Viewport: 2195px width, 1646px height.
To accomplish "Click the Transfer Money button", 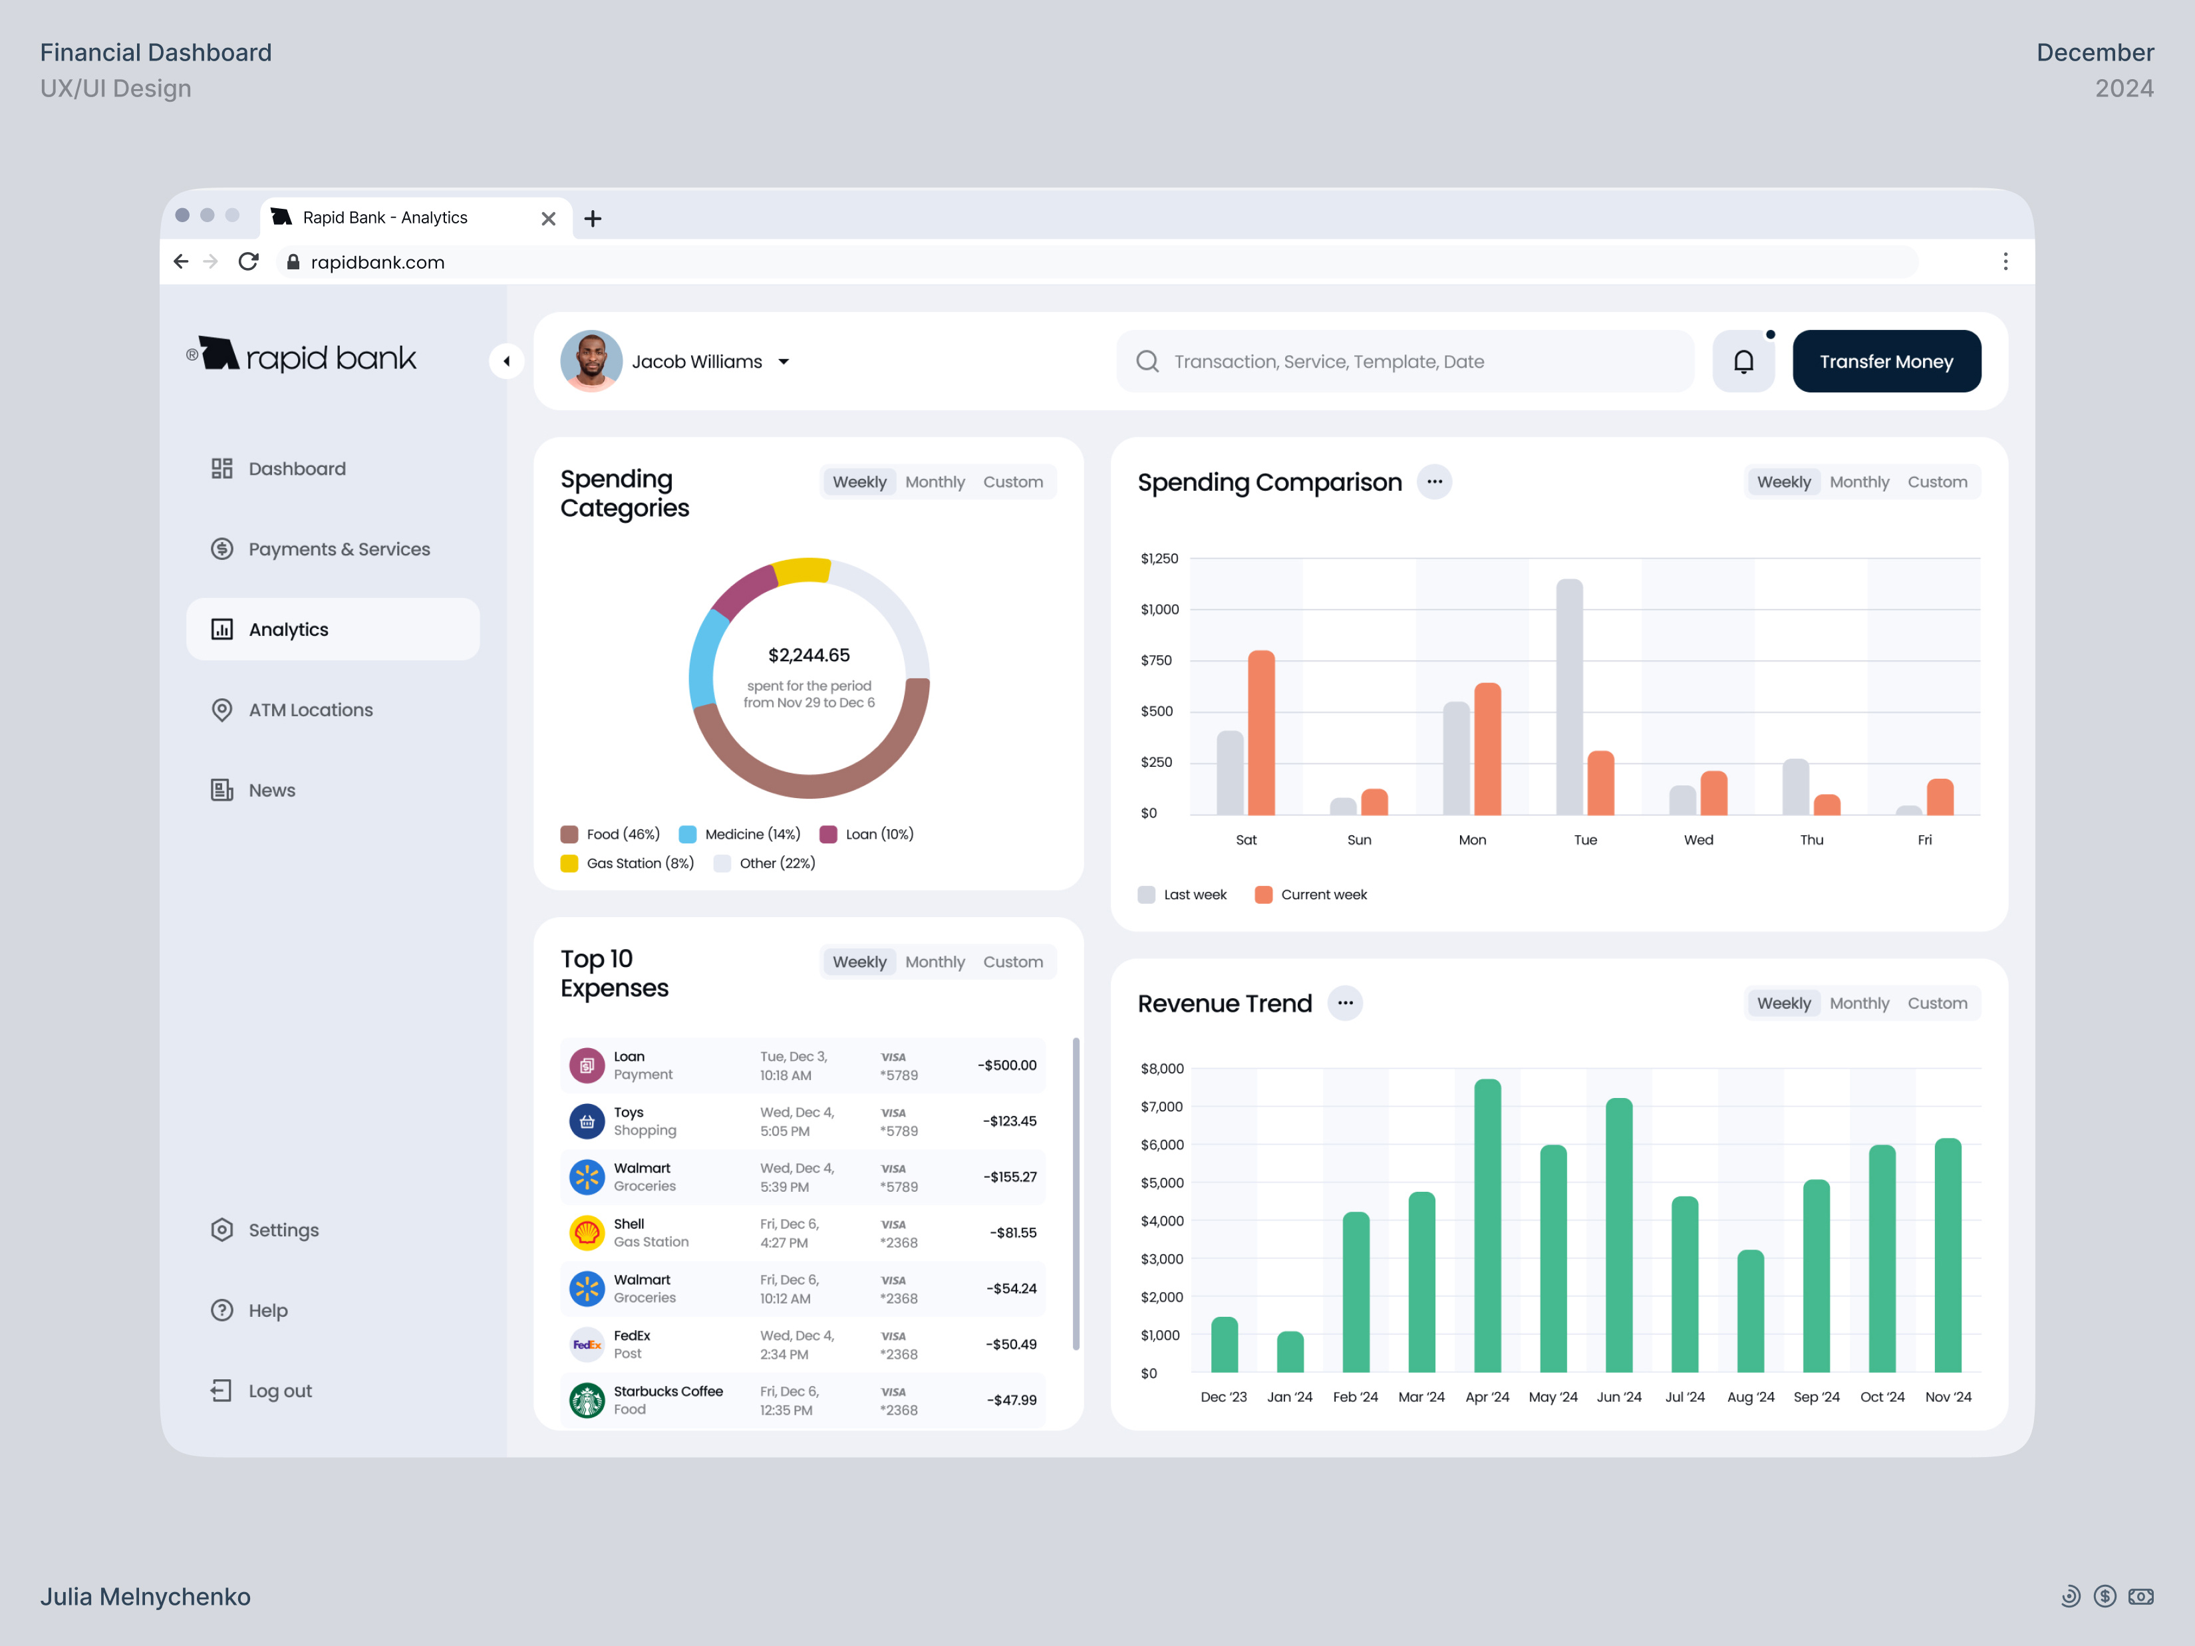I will coord(1886,361).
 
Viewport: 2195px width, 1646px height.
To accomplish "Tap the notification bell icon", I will coord(1743,361).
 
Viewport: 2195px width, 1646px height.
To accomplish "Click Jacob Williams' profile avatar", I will coord(591,361).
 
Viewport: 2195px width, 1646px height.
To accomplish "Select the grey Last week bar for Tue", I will coord(1569,696).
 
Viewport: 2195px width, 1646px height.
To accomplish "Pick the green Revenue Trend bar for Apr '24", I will coord(1487,1225).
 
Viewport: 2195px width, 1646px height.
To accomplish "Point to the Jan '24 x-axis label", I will coord(1289,1396).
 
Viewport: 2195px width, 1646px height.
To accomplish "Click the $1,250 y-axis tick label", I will coord(1159,559).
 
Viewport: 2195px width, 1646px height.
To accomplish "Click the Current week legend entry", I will coord(1323,894).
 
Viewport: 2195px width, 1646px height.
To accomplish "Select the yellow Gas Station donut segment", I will coord(802,571).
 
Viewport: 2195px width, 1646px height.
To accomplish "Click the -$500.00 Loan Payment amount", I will coord(1006,1065).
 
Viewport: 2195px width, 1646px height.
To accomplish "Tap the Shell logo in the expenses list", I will coord(587,1232).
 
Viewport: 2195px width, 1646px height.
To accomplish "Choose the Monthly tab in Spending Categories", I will coord(934,481).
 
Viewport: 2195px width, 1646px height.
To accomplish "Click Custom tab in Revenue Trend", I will coord(1936,1002).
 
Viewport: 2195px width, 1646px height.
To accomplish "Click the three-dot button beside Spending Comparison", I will coord(1434,481).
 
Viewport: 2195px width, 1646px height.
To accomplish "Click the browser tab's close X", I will coord(548,218).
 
